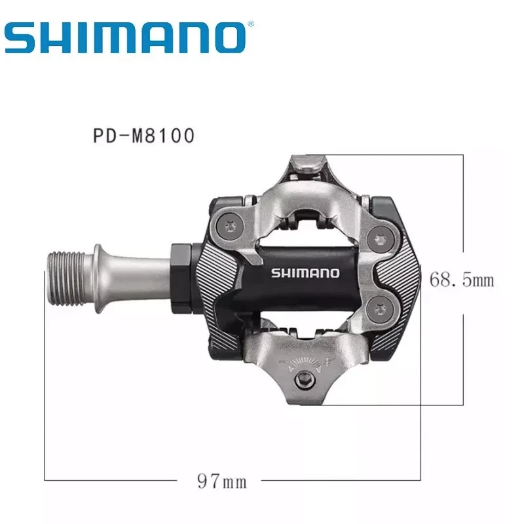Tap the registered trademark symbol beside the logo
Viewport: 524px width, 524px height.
click(250, 24)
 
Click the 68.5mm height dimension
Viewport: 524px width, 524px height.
click(461, 281)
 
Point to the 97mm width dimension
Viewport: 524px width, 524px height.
click(221, 483)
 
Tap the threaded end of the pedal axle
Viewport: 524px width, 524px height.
click(62, 267)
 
